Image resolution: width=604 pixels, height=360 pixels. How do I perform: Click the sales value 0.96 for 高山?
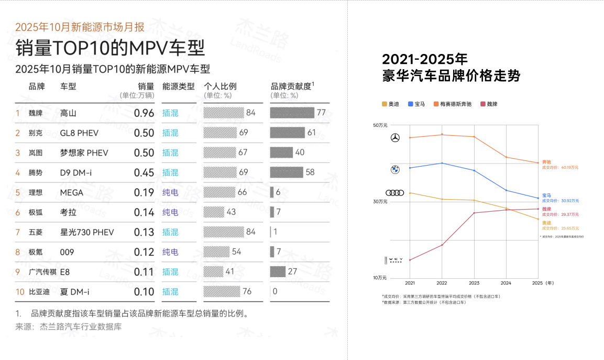tap(144, 113)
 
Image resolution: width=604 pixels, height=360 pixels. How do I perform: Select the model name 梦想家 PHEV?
tap(84, 153)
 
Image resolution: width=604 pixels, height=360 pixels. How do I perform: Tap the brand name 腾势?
tap(36, 173)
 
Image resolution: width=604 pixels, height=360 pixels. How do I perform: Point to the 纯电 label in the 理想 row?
tap(170, 193)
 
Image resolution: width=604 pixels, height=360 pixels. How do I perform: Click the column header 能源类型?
tap(178, 86)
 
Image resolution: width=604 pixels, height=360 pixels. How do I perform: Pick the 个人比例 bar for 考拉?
tap(214, 212)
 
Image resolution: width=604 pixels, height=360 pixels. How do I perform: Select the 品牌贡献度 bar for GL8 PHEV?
tap(287, 133)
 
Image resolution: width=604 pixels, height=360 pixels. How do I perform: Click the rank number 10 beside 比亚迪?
tap(20, 292)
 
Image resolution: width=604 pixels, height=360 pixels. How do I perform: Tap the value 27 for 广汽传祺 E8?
tap(293, 272)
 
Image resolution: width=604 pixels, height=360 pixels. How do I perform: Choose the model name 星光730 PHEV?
tap(87, 232)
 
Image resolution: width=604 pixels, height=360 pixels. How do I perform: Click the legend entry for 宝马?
tap(417, 104)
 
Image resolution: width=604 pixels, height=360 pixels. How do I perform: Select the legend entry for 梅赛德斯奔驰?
tap(453, 104)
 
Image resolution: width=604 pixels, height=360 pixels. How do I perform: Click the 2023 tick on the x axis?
tap(474, 283)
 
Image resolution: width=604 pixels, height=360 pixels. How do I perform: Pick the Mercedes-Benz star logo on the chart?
tap(395, 138)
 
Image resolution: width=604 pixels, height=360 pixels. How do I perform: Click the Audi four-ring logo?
tap(395, 193)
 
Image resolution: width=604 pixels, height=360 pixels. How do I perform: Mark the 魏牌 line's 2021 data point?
tap(410, 260)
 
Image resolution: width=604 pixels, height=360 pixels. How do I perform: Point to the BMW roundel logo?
tap(395, 169)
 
